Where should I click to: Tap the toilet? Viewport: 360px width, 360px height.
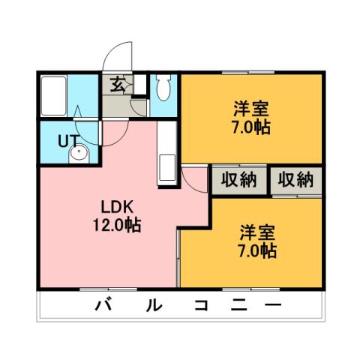click(x=165, y=88)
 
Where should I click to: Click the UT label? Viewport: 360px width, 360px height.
click(x=67, y=139)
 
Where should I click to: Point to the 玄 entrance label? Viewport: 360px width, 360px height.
click(x=118, y=84)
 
